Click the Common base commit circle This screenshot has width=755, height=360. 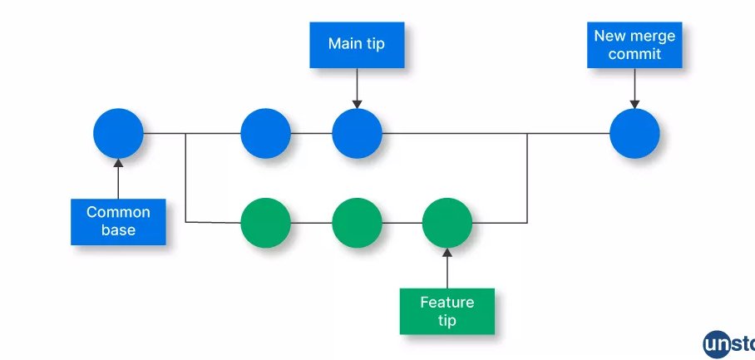point(118,133)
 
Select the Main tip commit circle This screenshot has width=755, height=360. point(357,133)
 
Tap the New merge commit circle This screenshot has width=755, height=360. point(634,133)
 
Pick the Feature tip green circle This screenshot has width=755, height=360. point(447,223)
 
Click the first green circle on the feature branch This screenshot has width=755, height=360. point(265,223)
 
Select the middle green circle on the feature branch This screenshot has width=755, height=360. point(357,223)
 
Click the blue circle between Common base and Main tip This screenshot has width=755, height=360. point(265,133)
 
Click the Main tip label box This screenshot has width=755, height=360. point(357,44)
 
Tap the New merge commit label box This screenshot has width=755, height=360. point(634,45)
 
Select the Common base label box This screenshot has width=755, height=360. point(118,222)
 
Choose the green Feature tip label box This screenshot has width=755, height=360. point(447,311)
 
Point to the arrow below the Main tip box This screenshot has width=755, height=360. point(357,87)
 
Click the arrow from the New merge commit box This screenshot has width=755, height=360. point(634,88)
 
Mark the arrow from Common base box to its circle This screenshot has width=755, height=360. point(118,179)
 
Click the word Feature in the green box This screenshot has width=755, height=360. point(447,302)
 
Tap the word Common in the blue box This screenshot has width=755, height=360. point(118,213)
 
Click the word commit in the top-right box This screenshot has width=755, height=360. point(634,54)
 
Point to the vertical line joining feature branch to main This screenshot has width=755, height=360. point(528,178)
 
